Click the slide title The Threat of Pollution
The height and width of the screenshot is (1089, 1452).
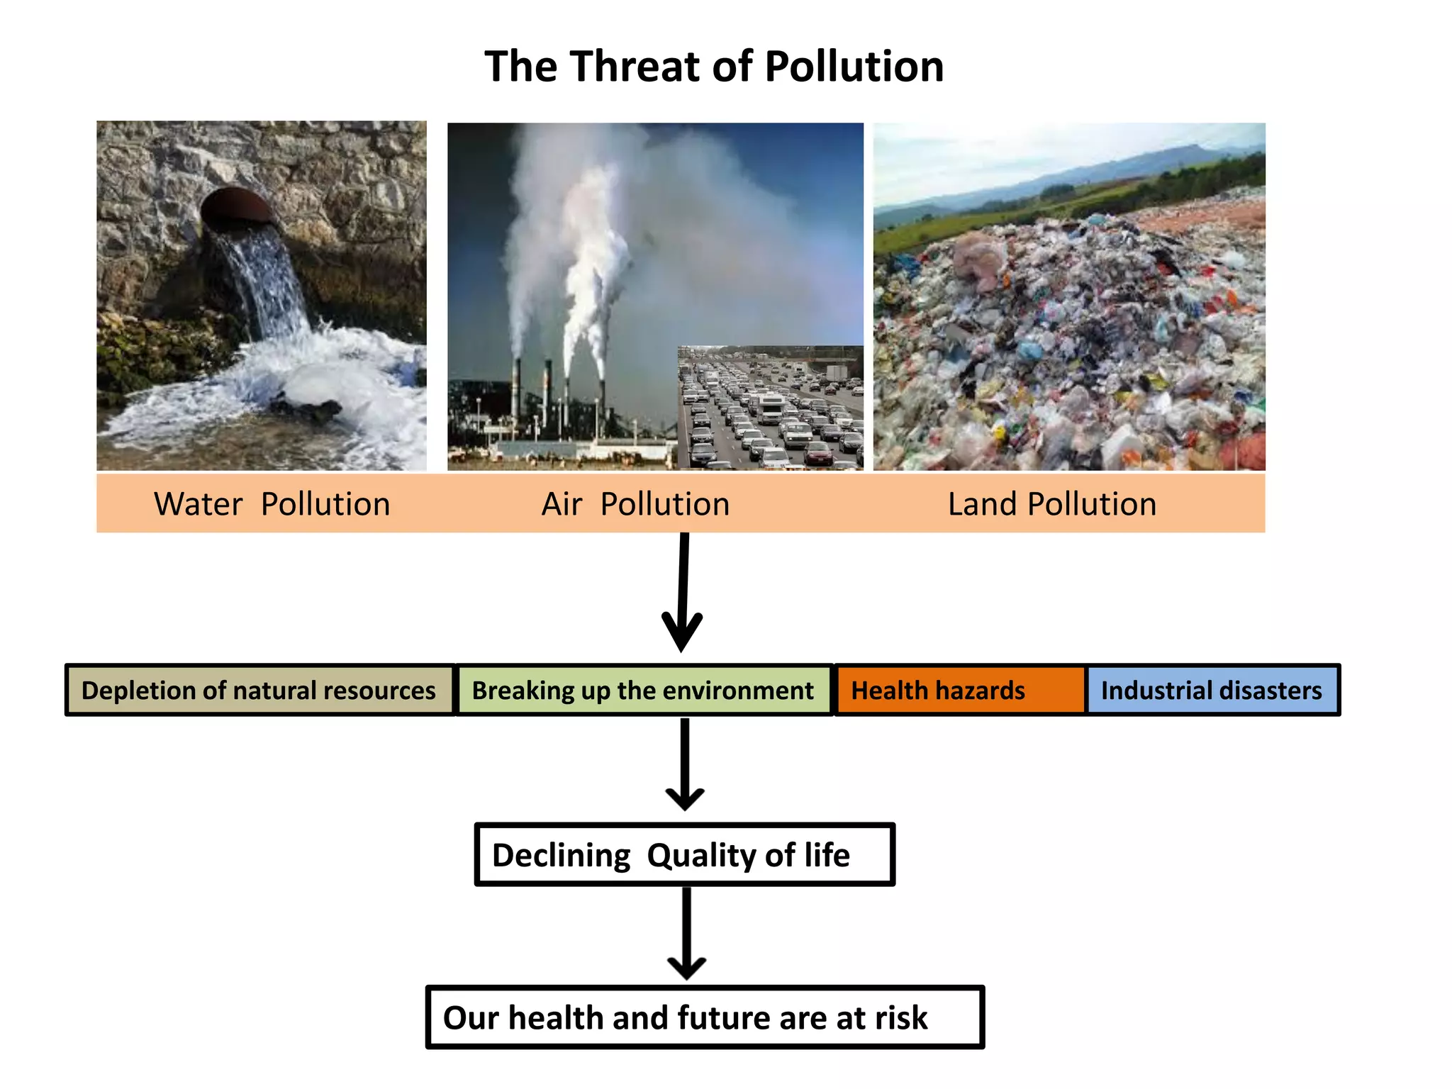click(x=714, y=67)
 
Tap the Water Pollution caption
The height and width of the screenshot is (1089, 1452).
click(x=272, y=504)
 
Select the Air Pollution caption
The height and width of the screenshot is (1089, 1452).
click(x=635, y=504)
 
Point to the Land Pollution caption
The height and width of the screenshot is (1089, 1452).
click(x=1052, y=504)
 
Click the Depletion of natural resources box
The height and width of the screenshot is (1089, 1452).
click(x=259, y=690)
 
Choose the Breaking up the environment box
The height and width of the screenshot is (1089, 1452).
click(x=643, y=690)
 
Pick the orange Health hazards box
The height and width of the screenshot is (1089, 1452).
click(x=960, y=690)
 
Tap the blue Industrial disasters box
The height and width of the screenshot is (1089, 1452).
click(x=1212, y=690)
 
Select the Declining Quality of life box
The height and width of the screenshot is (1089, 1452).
click(x=684, y=854)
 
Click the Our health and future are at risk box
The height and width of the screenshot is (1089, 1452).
click(x=705, y=1017)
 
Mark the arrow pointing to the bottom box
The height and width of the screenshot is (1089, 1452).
click(x=686, y=933)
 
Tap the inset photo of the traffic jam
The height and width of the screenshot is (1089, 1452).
click(x=771, y=408)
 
